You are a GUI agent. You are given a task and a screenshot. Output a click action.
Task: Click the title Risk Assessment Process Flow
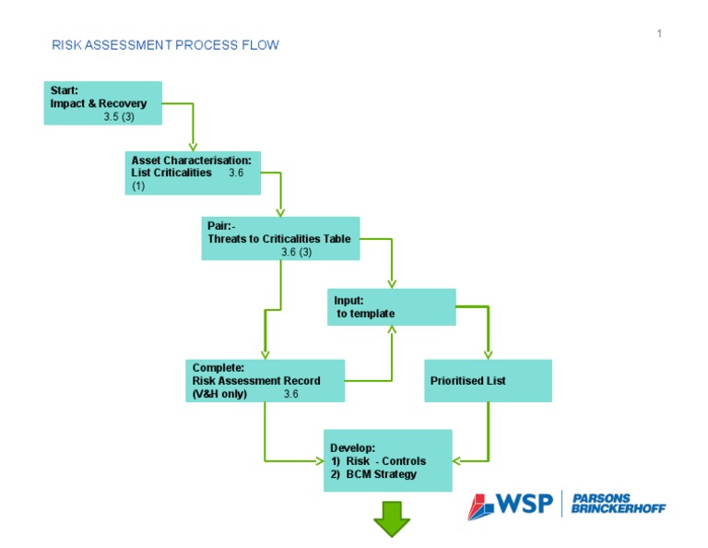tap(165, 45)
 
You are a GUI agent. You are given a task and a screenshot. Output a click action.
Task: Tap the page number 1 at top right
tap(659, 34)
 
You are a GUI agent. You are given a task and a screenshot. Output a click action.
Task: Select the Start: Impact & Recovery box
tap(102, 103)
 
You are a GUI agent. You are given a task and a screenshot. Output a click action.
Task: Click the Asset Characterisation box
tap(194, 173)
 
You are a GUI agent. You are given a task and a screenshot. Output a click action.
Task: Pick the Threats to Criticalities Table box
tap(280, 238)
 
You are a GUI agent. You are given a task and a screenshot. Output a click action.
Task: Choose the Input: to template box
tap(392, 307)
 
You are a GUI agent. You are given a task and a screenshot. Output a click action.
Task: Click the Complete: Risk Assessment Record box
tap(265, 380)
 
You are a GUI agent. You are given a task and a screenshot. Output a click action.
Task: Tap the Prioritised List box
tap(488, 380)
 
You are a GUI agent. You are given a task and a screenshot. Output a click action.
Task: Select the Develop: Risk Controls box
tap(387, 459)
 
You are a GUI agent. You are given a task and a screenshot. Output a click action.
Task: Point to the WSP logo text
tap(524, 504)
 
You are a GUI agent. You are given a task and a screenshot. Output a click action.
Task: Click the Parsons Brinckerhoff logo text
tap(618, 504)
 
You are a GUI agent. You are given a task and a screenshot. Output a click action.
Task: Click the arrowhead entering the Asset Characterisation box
tap(194, 146)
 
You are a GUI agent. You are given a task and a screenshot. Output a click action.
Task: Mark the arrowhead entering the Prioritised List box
tap(488, 353)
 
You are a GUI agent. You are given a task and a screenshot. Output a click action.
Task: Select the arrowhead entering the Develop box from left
tap(317, 459)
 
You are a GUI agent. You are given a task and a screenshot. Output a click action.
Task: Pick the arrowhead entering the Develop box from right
tap(458, 459)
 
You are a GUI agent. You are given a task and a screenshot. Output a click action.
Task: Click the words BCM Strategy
tap(382, 474)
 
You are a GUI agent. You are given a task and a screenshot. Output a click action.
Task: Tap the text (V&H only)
tap(219, 394)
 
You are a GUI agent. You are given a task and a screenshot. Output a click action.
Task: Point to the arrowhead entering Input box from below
tap(392, 331)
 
